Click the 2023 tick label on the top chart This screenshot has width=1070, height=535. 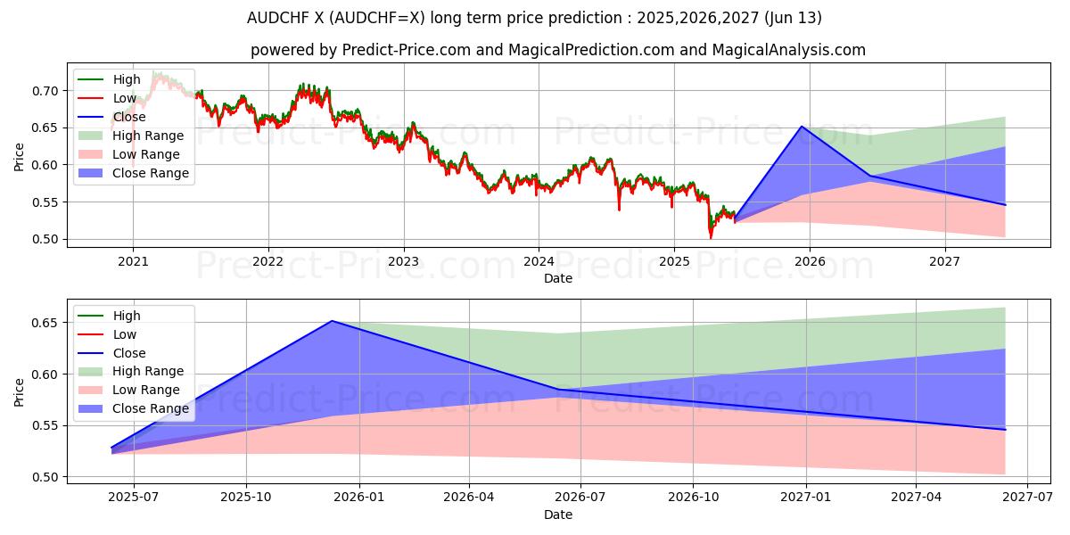coord(403,261)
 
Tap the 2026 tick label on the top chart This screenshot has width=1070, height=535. coord(809,261)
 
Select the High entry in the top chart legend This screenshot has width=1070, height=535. coord(126,79)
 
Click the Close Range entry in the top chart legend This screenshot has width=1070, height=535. coord(150,173)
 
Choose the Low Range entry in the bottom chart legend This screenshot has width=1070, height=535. coord(145,390)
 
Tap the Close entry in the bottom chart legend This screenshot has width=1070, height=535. coord(129,353)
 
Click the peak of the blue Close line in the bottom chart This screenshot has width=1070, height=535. coord(332,321)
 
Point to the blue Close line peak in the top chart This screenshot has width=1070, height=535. coord(802,127)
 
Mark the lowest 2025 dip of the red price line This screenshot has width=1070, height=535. coord(711,237)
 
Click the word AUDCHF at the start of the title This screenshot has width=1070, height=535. coord(273,18)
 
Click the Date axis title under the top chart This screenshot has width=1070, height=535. coord(558,278)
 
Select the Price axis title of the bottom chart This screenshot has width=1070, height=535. coord(20,391)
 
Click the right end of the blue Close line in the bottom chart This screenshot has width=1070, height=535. coord(1005,430)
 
